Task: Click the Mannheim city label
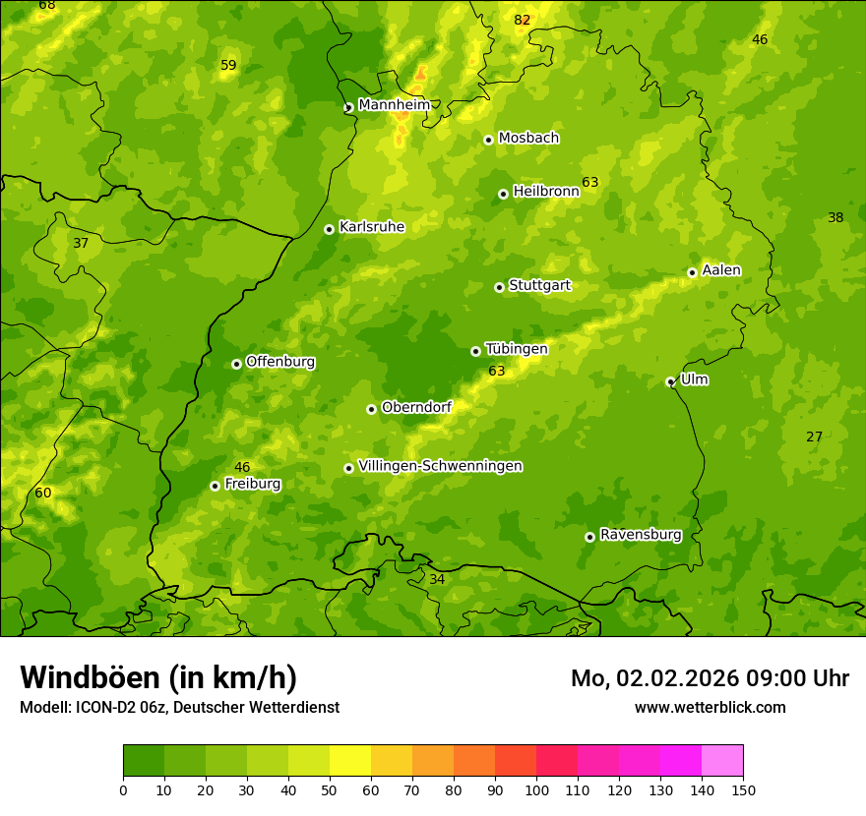click(x=394, y=104)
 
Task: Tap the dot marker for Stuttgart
click(x=499, y=287)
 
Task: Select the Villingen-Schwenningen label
click(x=440, y=466)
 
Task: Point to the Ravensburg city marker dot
click(x=589, y=537)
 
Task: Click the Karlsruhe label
click(x=371, y=227)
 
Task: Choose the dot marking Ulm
click(x=670, y=381)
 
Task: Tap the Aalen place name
click(x=721, y=270)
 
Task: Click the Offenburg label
click(x=280, y=362)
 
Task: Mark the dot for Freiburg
click(x=215, y=486)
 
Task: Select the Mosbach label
click(x=528, y=138)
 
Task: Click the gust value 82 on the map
click(x=522, y=20)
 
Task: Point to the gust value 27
click(x=814, y=437)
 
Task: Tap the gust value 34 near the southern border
click(x=437, y=579)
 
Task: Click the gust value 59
click(x=228, y=65)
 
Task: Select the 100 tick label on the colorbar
click(x=536, y=789)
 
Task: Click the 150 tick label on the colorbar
click(x=743, y=789)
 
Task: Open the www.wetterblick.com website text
click(x=710, y=707)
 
